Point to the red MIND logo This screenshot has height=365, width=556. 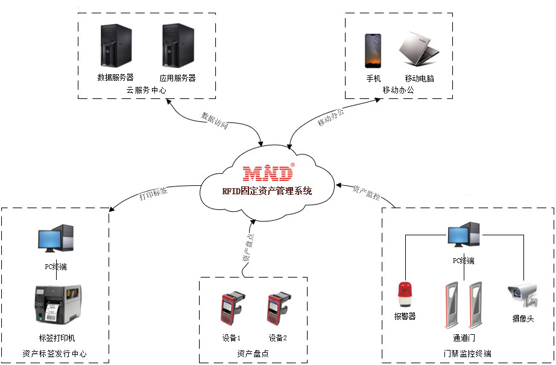pos(268,173)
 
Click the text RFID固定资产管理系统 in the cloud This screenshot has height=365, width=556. pos(267,191)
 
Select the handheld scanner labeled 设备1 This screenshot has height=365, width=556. pos(230,309)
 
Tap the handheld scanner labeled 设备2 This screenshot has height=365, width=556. pos(277,309)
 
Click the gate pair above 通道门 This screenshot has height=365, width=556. pos(463,303)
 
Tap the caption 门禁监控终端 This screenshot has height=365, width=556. pos(467,354)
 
